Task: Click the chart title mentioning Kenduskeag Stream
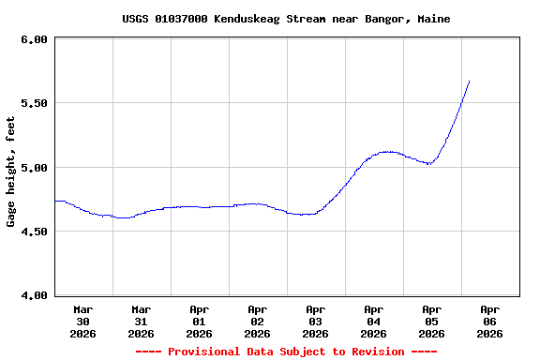pyautogui.click(x=286, y=19)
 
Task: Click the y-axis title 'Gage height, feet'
pyautogui.click(x=11, y=172)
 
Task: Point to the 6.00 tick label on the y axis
pyautogui.click(x=33, y=39)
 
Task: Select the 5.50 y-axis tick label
pyautogui.click(x=33, y=103)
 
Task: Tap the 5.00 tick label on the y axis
pyautogui.click(x=33, y=168)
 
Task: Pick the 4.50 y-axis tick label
pyautogui.click(x=33, y=232)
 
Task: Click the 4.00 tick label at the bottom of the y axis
pyautogui.click(x=33, y=295)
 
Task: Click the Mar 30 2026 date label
pyautogui.click(x=82, y=321)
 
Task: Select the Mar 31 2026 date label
pyautogui.click(x=141, y=321)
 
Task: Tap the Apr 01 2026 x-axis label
pyautogui.click(x=199, y=321)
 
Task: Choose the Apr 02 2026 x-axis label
pyautogui.click(x=257, y=321)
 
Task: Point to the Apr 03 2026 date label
pyautogui.click(x=315, y=321)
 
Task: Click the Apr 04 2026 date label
pyautogui.click(x=373, y=321)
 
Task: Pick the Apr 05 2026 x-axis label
pyautogui.click(x=431, y=321)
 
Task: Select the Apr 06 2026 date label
pyautogui.click(x=489, y=321)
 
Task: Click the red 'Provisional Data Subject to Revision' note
pyautogui.click(x=286, y=352)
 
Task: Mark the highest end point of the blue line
pyautogui.click(x=469, y=82)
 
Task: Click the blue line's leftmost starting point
pyautogui.click(x=56, y=201)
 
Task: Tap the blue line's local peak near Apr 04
pyautogui.click(x=387, y=151)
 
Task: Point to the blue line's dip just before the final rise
pyautogui.click(x=428, y=163)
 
